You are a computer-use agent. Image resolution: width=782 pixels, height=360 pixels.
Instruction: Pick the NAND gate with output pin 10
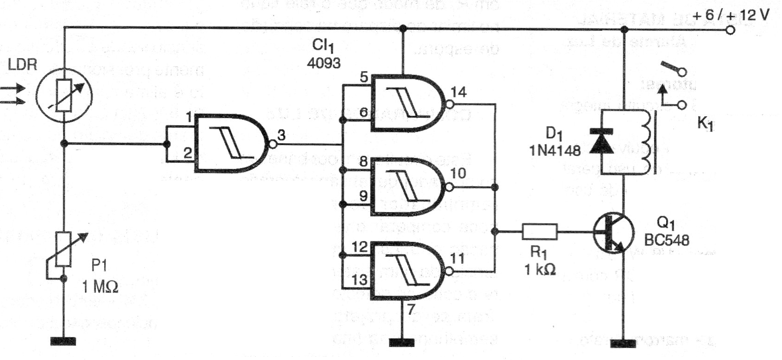[x=407, y=187]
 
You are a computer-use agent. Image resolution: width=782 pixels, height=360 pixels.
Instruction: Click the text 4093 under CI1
[x=323, y=63]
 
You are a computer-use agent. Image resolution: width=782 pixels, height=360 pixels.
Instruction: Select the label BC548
[x=666, y=240]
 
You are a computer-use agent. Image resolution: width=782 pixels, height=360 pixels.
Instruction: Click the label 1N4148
[x=555, y=150]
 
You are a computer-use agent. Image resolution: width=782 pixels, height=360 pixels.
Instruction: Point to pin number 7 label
[x=411, y=309]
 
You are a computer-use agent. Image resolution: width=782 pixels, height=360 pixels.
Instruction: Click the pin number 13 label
[x=360, y=280]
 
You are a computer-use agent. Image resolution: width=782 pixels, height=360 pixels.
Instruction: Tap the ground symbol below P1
[x=63, y=341]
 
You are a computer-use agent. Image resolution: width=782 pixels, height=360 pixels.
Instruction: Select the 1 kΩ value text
[x=540, y=269]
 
